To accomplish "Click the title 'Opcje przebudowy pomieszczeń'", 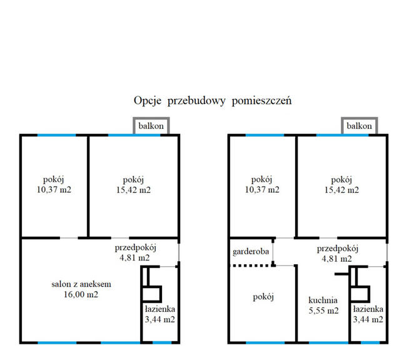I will click(213, 100).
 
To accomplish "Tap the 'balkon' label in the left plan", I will click(151, 126).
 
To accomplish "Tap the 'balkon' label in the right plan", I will click(359, 126).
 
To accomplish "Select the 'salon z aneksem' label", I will click(78, 284).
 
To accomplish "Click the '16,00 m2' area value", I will click(78, 294).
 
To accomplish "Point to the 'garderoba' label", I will click(251, 252).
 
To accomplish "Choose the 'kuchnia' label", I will click(323, 300).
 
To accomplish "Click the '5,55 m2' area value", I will click(323, 311).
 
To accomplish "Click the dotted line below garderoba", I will click(252, 266).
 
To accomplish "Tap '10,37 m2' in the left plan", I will click(53, 190).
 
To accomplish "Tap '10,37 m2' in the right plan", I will click(262, 190).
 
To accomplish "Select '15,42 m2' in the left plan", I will click(133, 190).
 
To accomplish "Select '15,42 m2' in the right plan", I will click(341, 190).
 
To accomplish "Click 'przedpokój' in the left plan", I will click(135, 247).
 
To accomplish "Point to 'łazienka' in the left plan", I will click(159, 309).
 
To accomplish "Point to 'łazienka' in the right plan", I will click(368, 309).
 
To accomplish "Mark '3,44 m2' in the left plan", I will click(159, 320).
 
